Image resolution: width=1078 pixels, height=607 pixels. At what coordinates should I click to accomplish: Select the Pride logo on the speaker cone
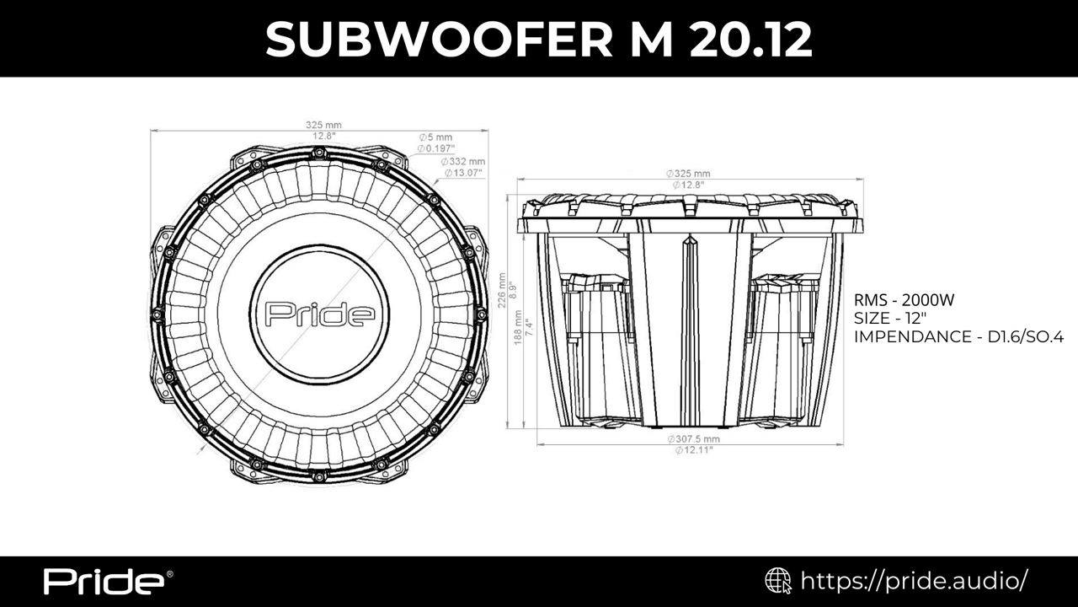[320, 314]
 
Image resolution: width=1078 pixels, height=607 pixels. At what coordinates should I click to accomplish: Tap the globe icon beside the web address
[777, 581]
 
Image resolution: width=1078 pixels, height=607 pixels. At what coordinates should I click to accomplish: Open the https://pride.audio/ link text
[914, 581]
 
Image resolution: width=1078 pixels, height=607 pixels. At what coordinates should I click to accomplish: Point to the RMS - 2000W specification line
[905, 300]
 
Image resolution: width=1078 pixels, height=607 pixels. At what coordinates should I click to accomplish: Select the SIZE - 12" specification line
[890, 318]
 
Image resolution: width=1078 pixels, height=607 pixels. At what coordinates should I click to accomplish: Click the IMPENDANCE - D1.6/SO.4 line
[958, 336]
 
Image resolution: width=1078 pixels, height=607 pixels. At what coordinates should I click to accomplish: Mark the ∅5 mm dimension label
[436, 137]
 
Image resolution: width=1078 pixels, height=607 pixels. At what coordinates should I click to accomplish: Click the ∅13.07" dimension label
[463, 173]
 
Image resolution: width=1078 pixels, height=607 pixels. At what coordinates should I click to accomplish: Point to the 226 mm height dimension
[502, 291]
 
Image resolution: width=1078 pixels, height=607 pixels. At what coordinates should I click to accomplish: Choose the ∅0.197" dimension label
[436, 148]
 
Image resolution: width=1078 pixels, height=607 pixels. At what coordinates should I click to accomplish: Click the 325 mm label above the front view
[323, 125]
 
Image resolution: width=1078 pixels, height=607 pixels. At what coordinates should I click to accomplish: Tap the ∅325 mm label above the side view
[688, 174]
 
